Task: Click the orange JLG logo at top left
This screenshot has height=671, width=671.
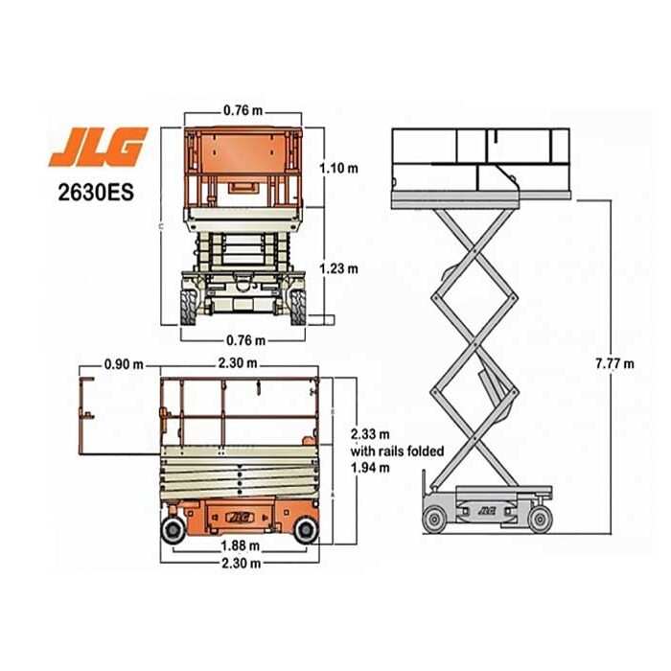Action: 98,147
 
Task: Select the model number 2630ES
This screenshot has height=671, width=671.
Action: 96,192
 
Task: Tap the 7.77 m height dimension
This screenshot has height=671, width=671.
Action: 615,363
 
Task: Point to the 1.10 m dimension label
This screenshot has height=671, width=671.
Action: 339,168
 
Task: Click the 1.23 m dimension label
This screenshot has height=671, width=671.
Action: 339,268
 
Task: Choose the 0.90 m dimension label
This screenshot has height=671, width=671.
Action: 124,364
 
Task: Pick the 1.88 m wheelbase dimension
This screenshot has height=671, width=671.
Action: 241,546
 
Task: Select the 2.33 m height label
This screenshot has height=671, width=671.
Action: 370,434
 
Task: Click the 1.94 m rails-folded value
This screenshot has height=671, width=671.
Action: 370,468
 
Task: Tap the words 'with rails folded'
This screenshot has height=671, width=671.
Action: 397,451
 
